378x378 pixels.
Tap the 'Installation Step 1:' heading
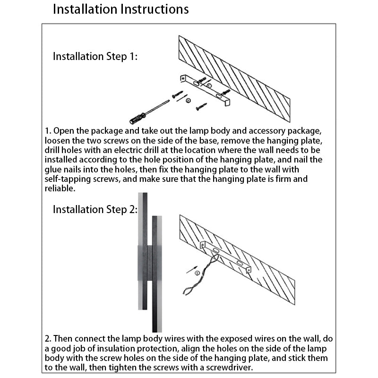(x=95, y=57)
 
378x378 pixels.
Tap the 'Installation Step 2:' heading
(x=95, y=209)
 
